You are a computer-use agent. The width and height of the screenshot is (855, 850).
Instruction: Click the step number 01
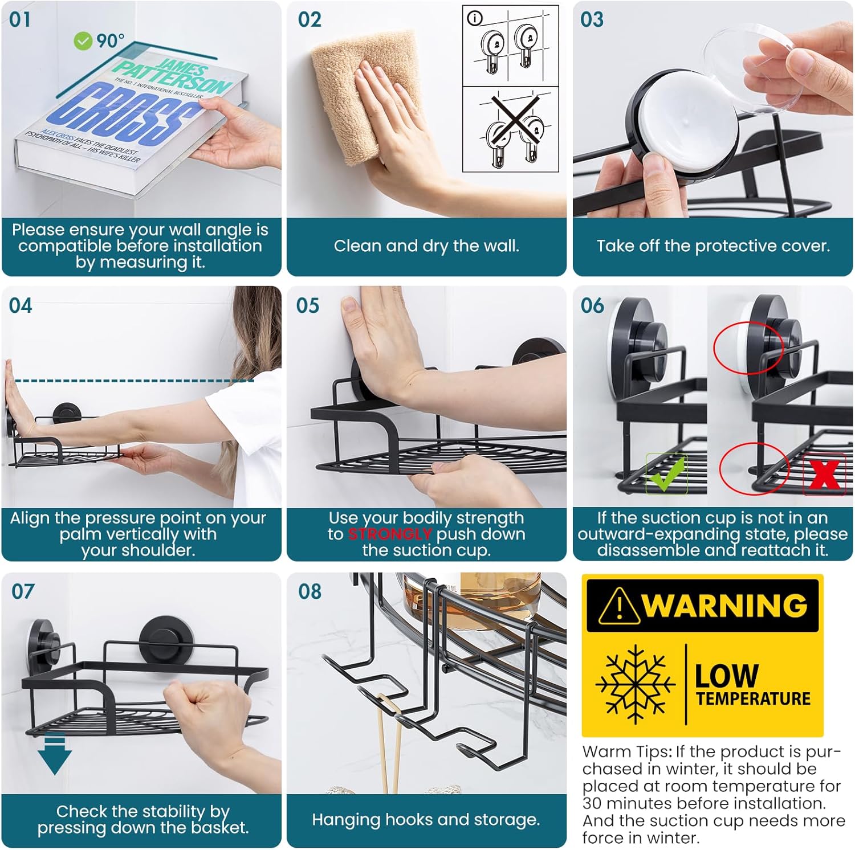pos(20,20)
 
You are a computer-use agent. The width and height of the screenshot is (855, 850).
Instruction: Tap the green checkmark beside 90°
pos(83,41)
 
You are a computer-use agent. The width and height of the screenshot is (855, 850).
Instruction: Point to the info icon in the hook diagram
pos(475,19)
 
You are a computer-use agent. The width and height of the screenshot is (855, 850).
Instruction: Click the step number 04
pos(21,306)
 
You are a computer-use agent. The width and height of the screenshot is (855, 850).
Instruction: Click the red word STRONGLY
pos(389,534)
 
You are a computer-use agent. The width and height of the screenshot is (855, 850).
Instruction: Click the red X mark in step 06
pos(824,474)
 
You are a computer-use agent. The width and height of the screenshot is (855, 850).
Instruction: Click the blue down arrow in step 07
pos(55,755)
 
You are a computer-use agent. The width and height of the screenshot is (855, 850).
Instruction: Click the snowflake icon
pos(634,685)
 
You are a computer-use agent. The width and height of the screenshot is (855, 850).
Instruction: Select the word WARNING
pos(725,605)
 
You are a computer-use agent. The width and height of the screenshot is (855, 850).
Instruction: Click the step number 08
pos(310,592)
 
